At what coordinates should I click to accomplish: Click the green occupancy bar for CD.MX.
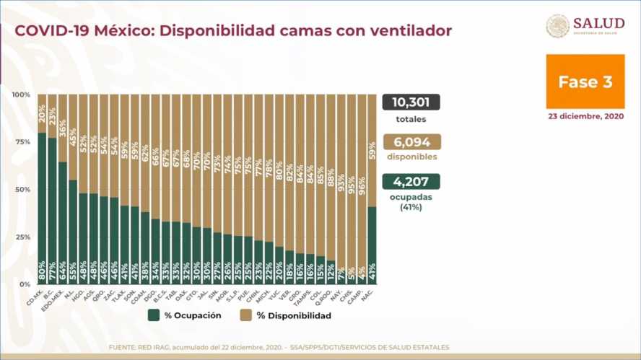tap(42, 209)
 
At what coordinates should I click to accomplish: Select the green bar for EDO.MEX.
tap(63, 224)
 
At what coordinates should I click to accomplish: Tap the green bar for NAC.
tap(372, 245)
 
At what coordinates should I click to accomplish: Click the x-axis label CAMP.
tap(359, 294)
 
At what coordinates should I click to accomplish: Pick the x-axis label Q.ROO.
tap(328, 294)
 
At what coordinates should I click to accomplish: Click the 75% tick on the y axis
tap(22, 142)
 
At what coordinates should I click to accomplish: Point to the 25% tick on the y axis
tap(22, 237)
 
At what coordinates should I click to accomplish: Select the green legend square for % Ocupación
tap(154, 315)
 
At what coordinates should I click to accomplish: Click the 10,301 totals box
tap(411, 102)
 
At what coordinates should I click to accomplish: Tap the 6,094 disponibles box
tap(411, 142)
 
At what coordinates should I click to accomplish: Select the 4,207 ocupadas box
tap(411, 182)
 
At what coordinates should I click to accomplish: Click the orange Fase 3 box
tap(585, 82)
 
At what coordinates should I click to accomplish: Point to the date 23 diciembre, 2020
tap(585, 116)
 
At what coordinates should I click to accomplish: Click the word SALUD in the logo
tap(598, 22)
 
